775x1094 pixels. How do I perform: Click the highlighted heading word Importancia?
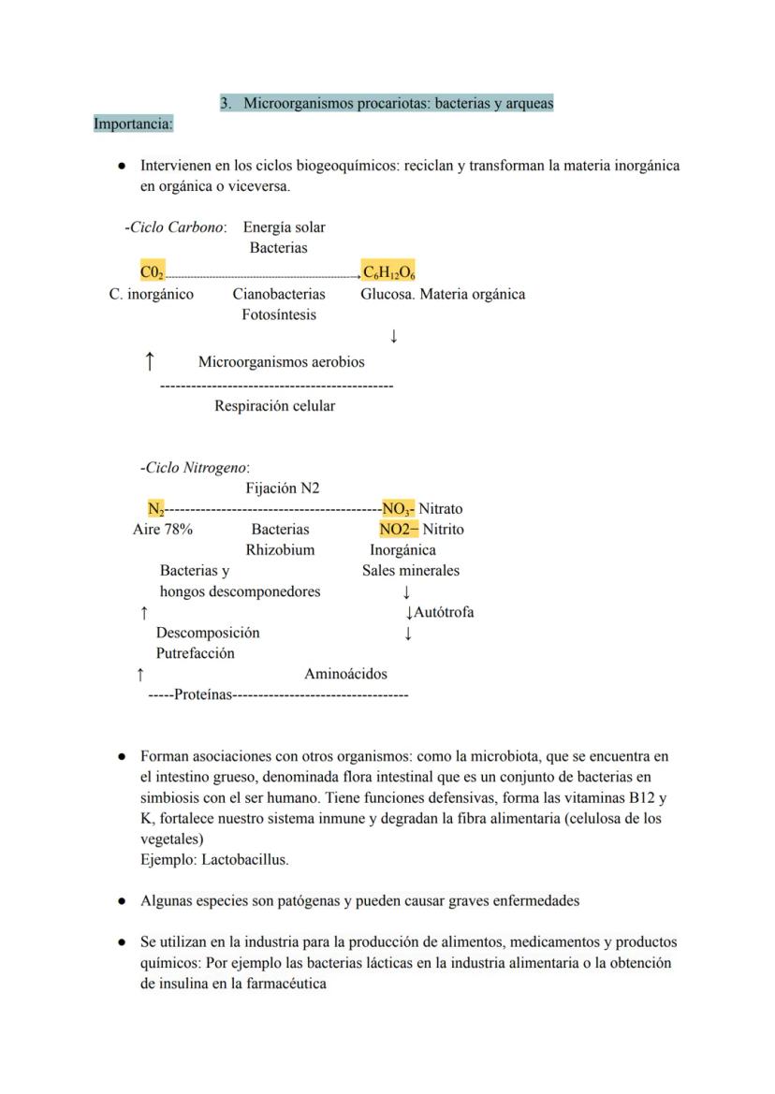tap(133, 124)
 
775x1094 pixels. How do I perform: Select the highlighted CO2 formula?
tap(153, 272)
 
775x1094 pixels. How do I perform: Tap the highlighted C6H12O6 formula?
tap(389, 272)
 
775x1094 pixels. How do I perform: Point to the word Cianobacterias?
tap(279, 294)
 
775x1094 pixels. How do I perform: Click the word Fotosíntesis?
tap(279, 314)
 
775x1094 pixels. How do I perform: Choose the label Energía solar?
tap(285, 227)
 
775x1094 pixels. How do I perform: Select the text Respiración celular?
tap(274, 406)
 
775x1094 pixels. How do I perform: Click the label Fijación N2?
tap(283, 489)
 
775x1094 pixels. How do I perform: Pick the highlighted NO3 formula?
tap(398, 509)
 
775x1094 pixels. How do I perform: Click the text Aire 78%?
tap(163, 530)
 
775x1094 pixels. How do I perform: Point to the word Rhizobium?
tap(280, 550)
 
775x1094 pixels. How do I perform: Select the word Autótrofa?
tap(444, 613)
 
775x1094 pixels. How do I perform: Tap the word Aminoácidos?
tap(345, 674)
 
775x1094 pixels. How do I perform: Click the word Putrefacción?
tap(195, 653)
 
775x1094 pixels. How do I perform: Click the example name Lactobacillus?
tap(245, 859)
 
